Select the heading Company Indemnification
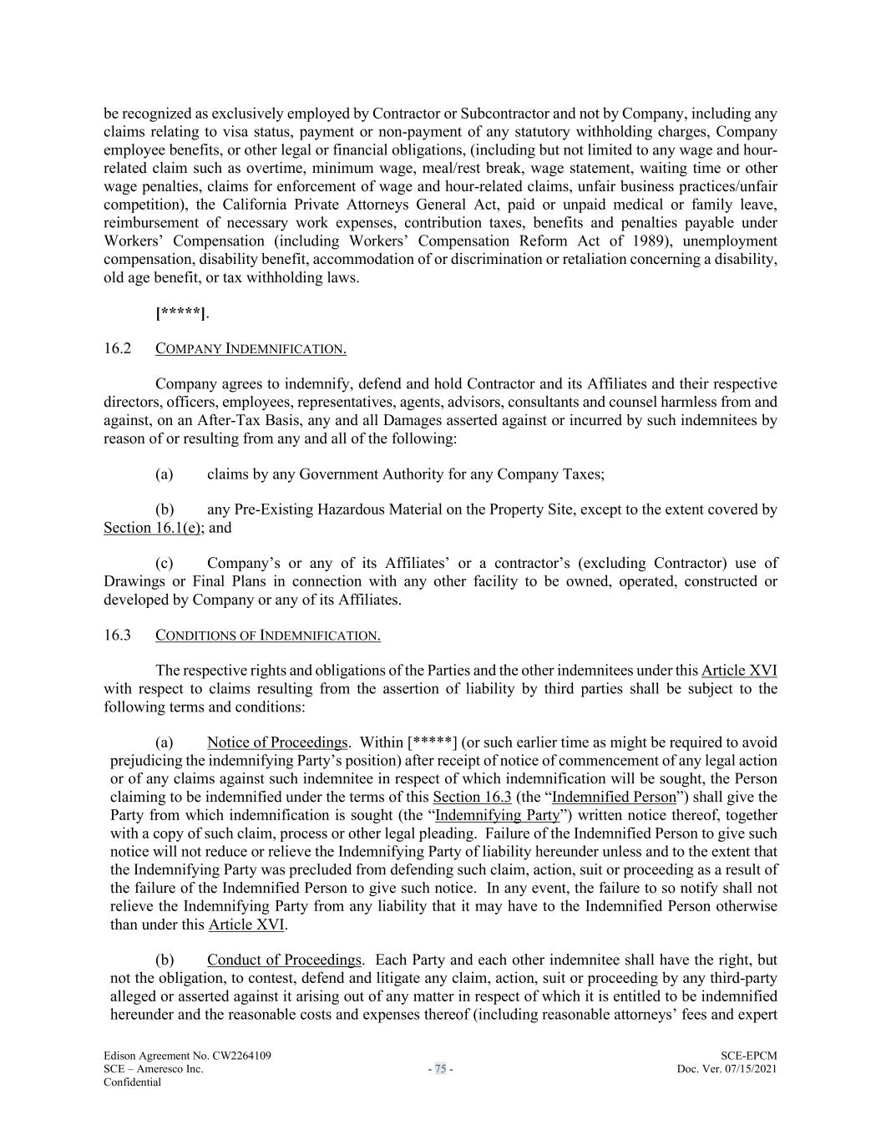tap(251, 349)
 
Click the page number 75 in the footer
tap(440, 1069)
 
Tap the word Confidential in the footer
tap(132, 1082)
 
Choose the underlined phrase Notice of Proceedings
tap(277, 742)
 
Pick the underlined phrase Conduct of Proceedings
tap(284, 960)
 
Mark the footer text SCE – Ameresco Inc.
tap(153, 1069)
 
